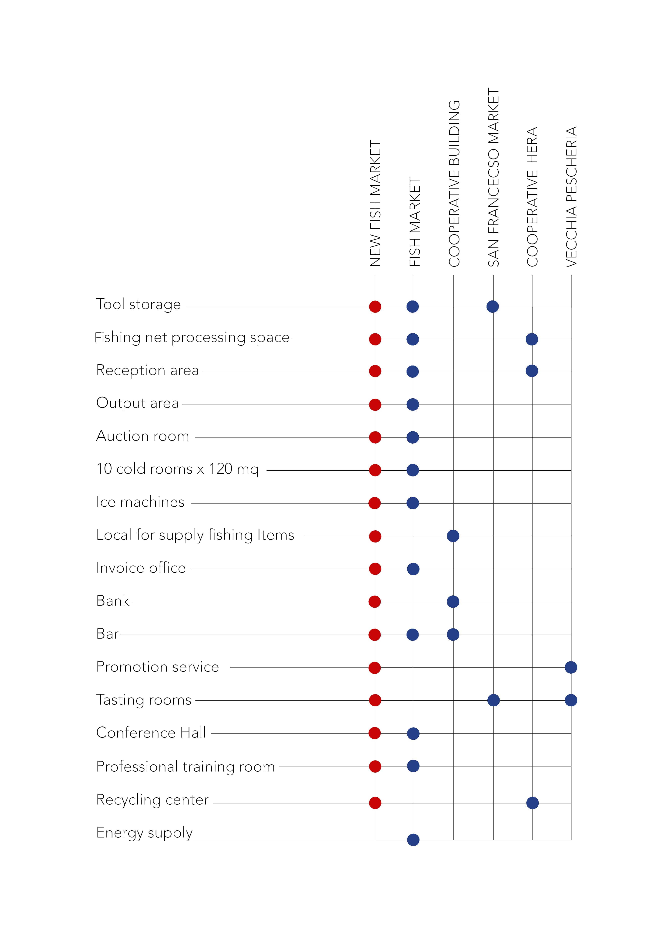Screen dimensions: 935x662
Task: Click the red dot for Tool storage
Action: pyautogui.click(x=375, y=307)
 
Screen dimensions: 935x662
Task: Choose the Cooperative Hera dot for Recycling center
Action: pyautogui.click(x=532, y=803)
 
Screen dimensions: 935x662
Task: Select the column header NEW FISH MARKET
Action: pyautogui.click(x=375, y=204)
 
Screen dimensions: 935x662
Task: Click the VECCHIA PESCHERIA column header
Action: pyautogui.click(x=571, y=197)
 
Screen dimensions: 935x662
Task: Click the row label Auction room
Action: pyautogui.click(x=143, y=436)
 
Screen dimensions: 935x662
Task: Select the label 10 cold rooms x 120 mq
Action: pyautogui.click(x=177, y=469)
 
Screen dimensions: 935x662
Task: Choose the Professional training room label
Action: pyautogui.click(x=186, y=767)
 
